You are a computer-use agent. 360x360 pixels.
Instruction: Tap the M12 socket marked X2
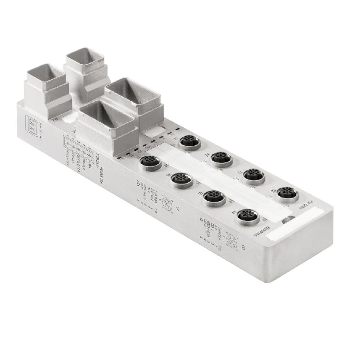point(220,158)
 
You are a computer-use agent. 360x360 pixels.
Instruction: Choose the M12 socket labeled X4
point(245,215)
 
